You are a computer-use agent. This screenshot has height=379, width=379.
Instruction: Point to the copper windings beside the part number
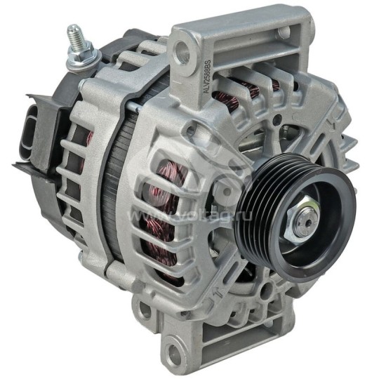[232, 91]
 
